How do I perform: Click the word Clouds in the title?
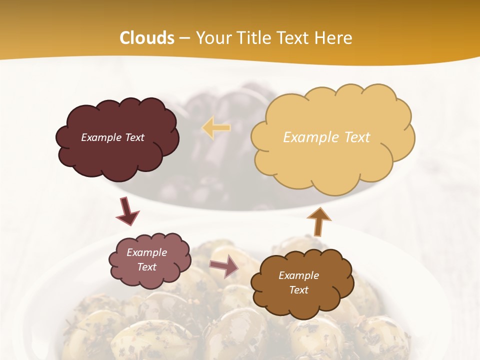147,38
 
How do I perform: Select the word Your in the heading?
214,38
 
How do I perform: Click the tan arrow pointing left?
216,128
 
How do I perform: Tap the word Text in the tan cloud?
356,137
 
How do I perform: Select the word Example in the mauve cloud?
147,252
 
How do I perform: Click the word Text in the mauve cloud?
147,267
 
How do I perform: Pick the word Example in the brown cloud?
298,275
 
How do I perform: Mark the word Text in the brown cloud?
298,290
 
